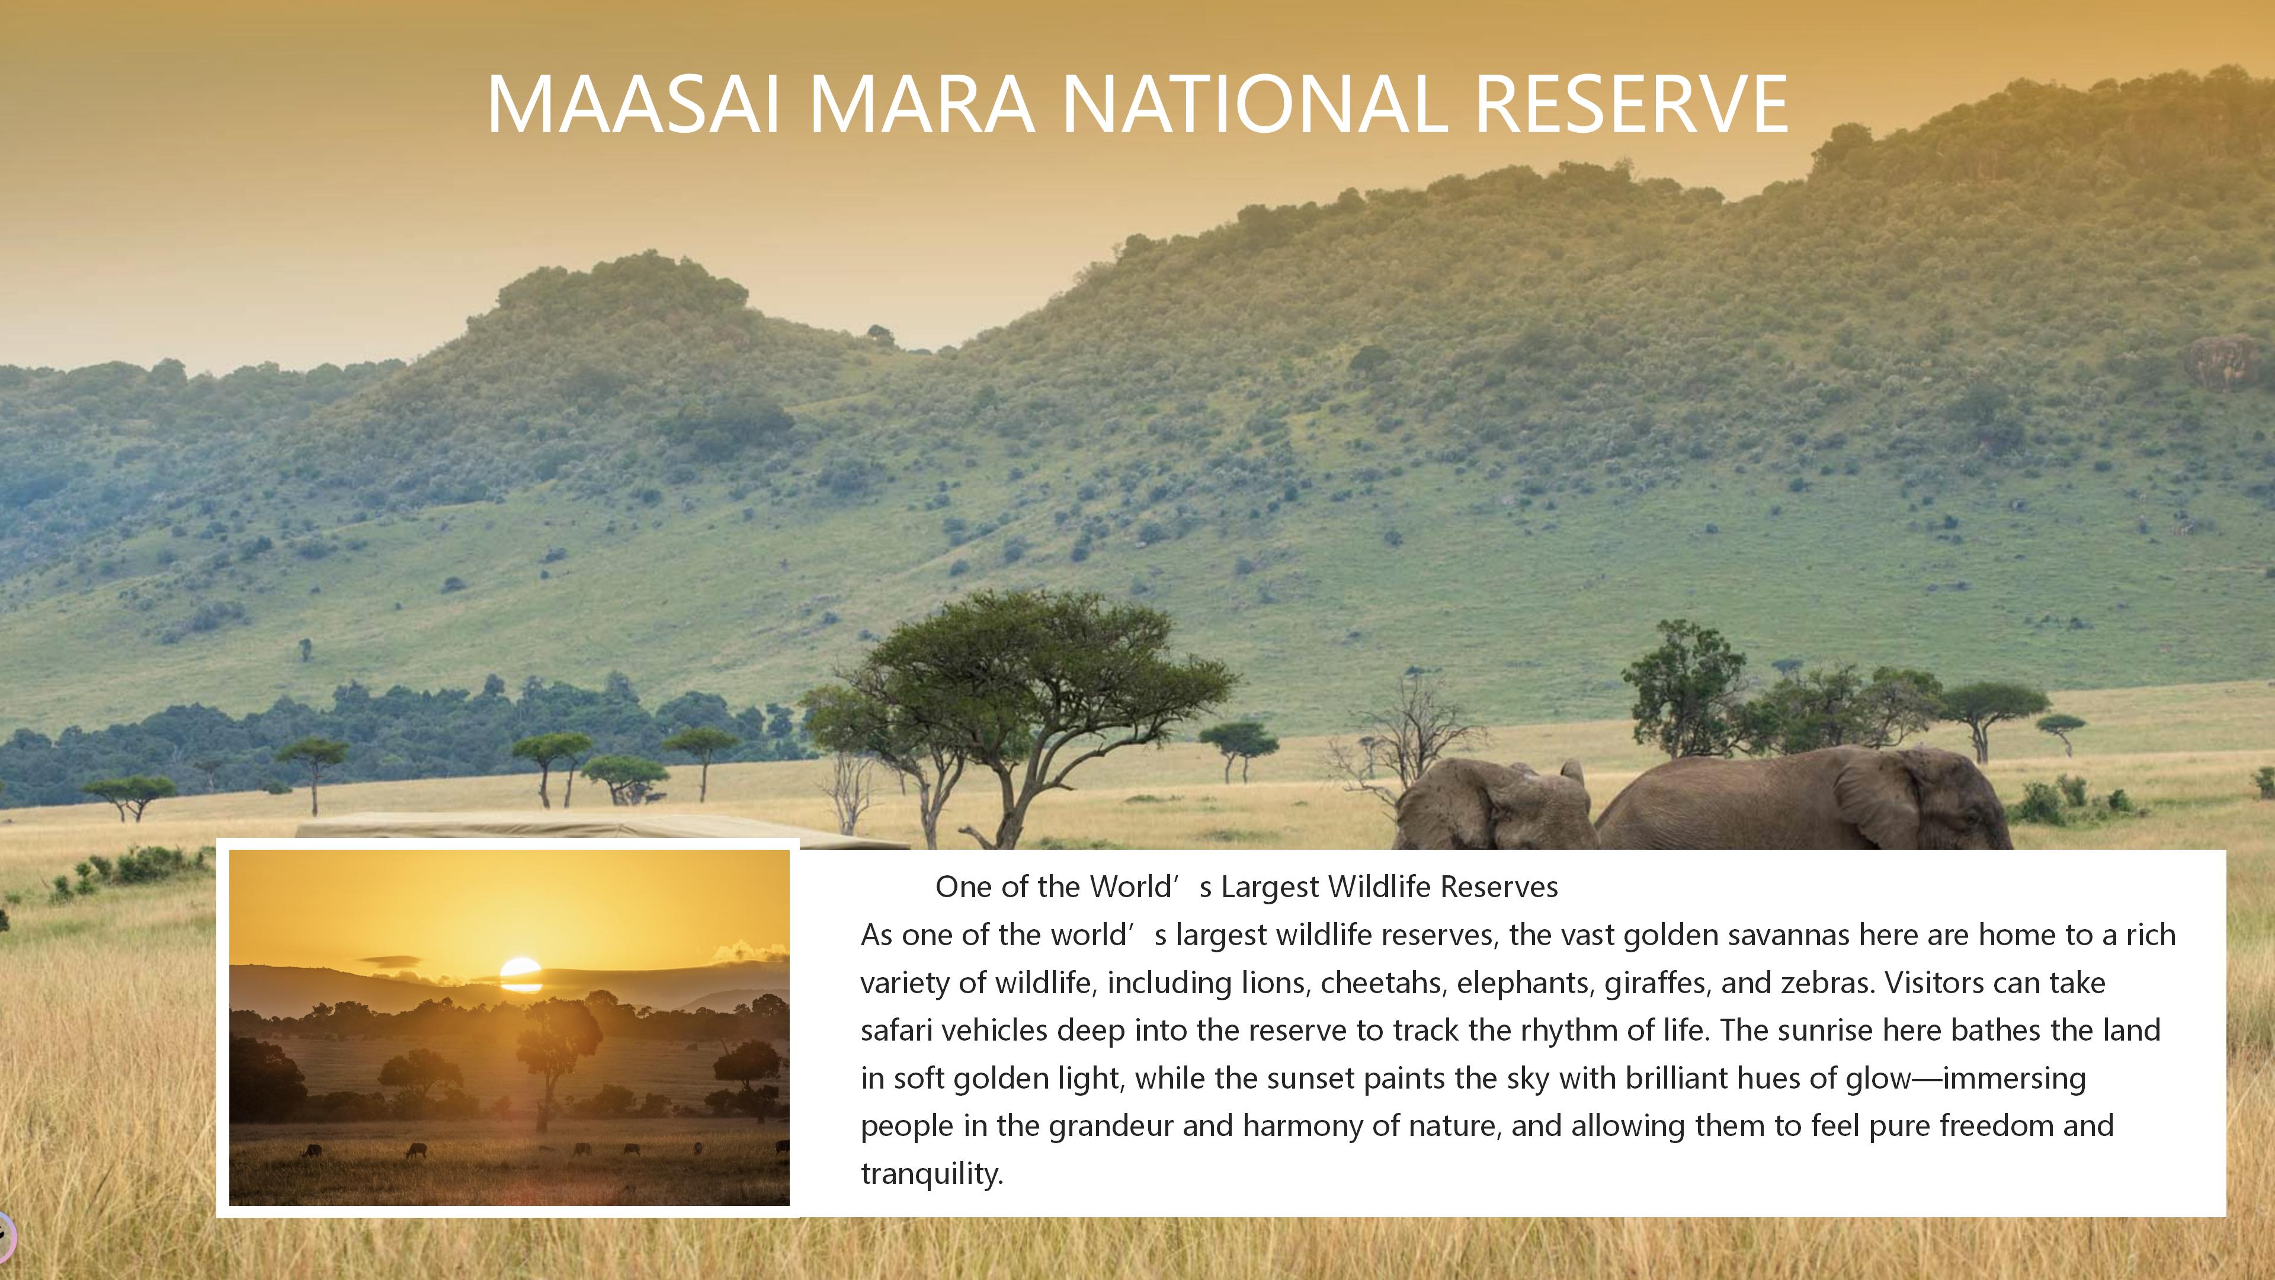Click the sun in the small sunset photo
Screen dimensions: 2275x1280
(x=520, y=974)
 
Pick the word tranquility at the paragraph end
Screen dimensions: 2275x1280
(x=932, y=1174)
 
